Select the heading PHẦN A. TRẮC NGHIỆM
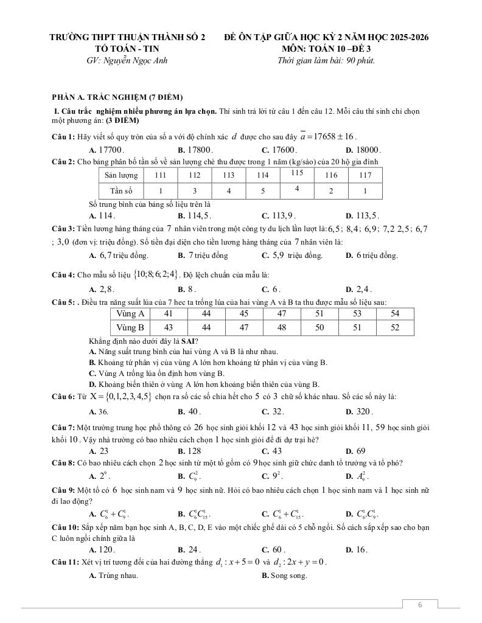coord(117,97)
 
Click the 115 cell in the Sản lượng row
coord(297,173)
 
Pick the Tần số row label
coord(120,191)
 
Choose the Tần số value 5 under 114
coord(262,191)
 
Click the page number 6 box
coord(419,605)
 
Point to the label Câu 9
coord(63,490)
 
